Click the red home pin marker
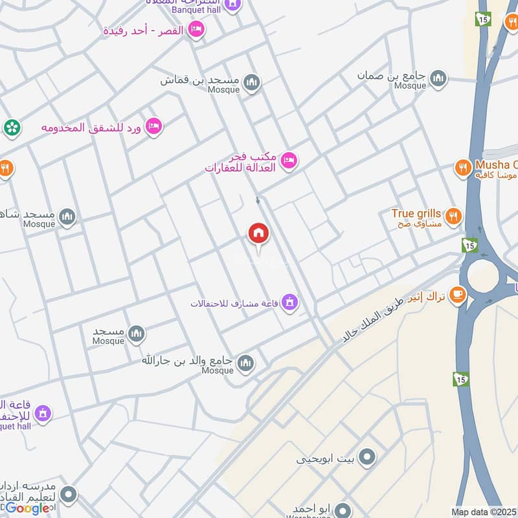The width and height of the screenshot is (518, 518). point(258,234)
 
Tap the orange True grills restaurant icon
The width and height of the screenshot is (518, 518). point(454,216)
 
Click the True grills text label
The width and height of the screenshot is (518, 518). point(416,213)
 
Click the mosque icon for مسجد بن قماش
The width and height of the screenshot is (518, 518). point(252,82)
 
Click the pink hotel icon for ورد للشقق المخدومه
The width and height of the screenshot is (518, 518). point(153,126)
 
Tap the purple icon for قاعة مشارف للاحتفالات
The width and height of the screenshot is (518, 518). point(289,302)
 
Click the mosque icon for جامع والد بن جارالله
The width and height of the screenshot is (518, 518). point(245,363)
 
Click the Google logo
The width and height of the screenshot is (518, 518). point(28,508)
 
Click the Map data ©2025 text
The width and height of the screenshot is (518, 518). point(484,512)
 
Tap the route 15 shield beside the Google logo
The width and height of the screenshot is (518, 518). point(460,378)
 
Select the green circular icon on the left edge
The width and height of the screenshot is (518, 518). point(11,128)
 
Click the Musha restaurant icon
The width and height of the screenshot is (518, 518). point(462,168)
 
